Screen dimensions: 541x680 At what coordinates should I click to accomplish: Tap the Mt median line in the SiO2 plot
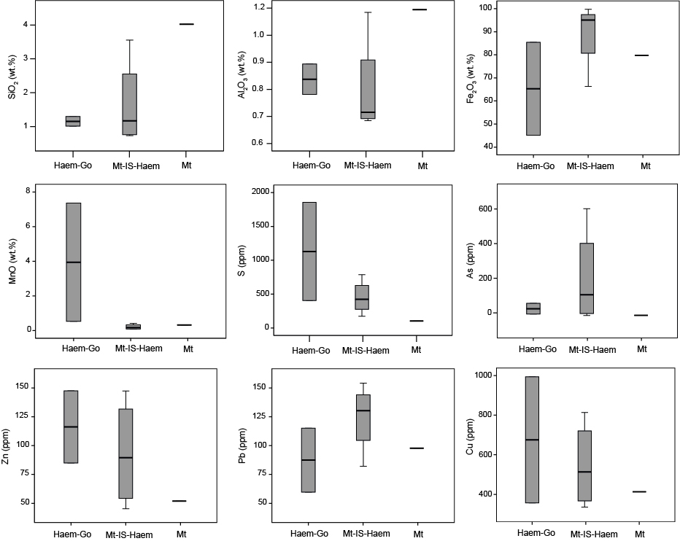click(x=186, y=24)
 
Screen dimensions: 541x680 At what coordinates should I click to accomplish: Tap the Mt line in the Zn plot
click(x=179, y=501)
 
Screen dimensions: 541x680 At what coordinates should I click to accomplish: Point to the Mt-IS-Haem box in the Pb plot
click(x=363, y=417)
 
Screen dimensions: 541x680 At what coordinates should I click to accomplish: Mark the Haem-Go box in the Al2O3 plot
click(x=309, y=79)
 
